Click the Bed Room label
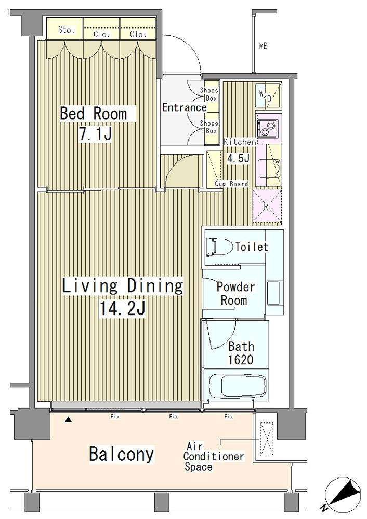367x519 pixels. (94, 114)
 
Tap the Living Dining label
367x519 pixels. (122, 286)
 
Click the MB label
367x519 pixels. (263, 46)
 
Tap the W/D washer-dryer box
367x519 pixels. (268, 95)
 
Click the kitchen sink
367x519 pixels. (269, 168)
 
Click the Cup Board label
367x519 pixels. (231, 184)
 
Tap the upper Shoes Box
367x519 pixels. (211, 94)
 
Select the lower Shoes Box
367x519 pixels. (211, 128)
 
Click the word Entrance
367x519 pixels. (185, 107)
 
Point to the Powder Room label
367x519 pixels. (235, 294)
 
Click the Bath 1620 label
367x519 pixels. (241, 353)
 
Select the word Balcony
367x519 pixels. (121, 454)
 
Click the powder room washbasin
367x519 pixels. (275, 293)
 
